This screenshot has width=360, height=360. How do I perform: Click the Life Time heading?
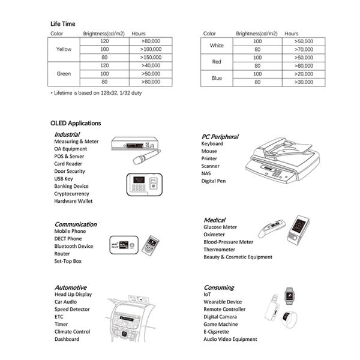pos(63,24)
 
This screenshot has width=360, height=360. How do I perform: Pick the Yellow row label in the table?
pos(64,49)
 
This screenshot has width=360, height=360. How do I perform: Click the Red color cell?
pos(217,61)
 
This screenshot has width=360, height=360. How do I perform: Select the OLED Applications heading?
pos(76,123)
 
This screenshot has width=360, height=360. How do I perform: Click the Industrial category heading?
pos(67,134)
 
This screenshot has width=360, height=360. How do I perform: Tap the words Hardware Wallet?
pos(73,201)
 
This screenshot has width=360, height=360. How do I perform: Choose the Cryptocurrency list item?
pos(71,194)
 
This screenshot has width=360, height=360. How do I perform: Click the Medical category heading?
pos(214,220)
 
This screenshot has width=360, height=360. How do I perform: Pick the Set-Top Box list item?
pos(68,261)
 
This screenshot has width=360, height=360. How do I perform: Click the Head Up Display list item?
pos(73,295)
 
